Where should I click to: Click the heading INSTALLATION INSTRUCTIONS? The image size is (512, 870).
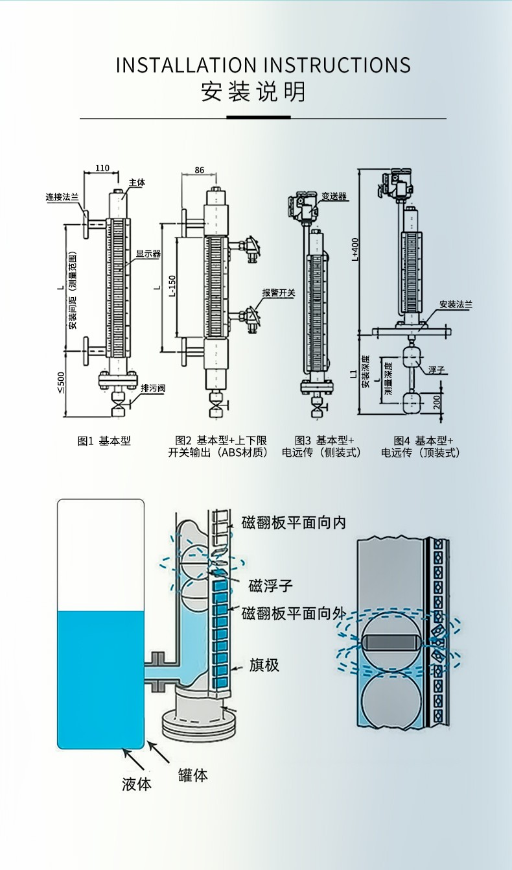(263, 66)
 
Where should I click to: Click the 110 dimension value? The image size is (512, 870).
(102, 168)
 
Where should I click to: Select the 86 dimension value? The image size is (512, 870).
(199, 170)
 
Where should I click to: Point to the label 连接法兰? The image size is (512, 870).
(62, 197)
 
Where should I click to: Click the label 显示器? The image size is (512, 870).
(148, 254)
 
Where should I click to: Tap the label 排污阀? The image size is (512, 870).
(152, 388)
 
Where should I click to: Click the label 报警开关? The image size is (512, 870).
(278, 293)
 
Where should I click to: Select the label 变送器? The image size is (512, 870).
(334, 196)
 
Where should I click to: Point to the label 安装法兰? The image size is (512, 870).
(456, 304)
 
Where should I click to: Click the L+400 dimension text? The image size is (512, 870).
(355, 250)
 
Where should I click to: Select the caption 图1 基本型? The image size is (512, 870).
(104, 441)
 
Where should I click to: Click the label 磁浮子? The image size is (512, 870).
(272, 586)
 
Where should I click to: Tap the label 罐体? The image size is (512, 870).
(193, 774)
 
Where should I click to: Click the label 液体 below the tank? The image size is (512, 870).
(137, 783)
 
